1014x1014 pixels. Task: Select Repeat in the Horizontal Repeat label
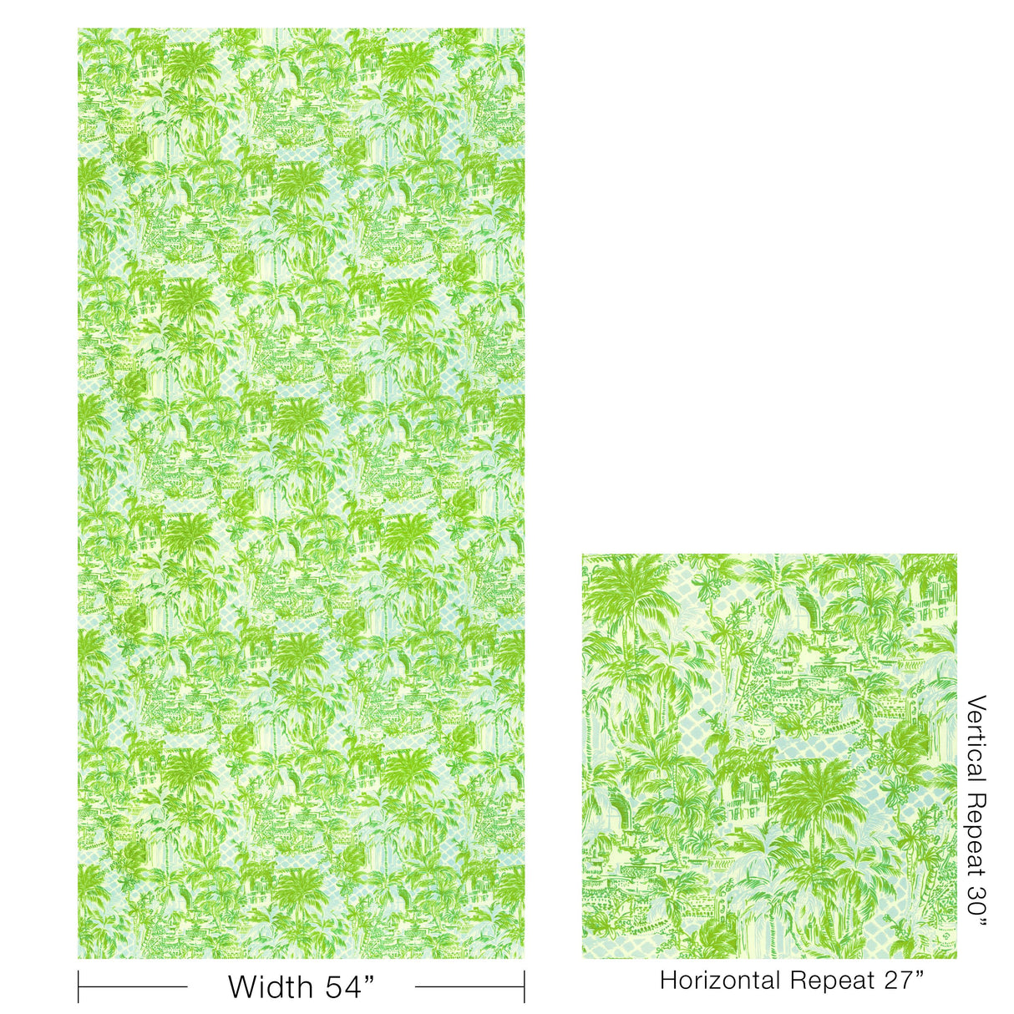[830, 980]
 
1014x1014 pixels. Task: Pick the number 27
[901, 980]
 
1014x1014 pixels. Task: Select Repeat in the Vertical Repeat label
[975, 837]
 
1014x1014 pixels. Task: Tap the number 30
[975, 905]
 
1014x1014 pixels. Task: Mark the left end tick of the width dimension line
[79, 986]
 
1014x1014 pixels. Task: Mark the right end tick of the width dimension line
[525, 986]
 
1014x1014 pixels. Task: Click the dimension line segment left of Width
[134, 986]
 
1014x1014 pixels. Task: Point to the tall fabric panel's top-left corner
[79, 29]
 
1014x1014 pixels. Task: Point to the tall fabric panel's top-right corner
[525, 29]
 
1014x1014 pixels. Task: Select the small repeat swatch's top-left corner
[583, 554]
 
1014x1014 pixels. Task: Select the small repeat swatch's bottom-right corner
[956, 958]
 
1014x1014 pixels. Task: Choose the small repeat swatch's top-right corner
[956, 554]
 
